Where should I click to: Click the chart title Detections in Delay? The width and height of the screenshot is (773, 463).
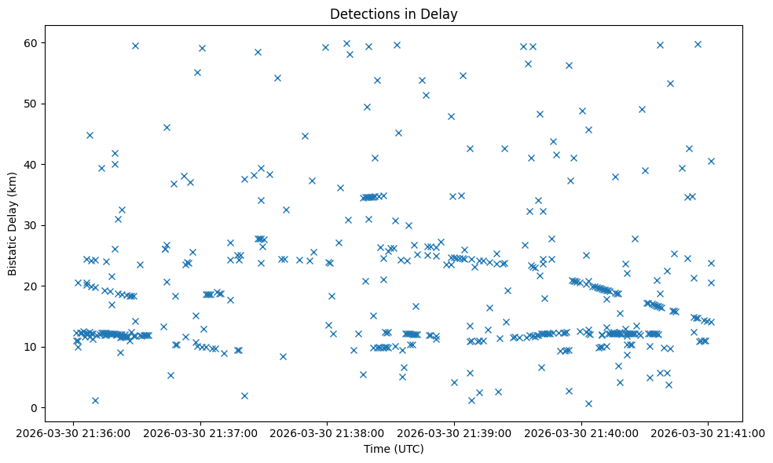394,14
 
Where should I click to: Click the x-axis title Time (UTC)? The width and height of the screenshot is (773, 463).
394,449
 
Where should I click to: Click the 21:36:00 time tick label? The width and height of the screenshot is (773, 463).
73,432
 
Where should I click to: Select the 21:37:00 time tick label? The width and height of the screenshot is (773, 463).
200,432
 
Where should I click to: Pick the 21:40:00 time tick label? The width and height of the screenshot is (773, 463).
581,432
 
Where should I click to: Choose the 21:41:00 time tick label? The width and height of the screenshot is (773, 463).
708,432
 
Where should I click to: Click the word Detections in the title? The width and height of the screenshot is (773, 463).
363,14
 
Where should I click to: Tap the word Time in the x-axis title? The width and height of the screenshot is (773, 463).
376,449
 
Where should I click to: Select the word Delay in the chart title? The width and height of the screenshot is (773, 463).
441,14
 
